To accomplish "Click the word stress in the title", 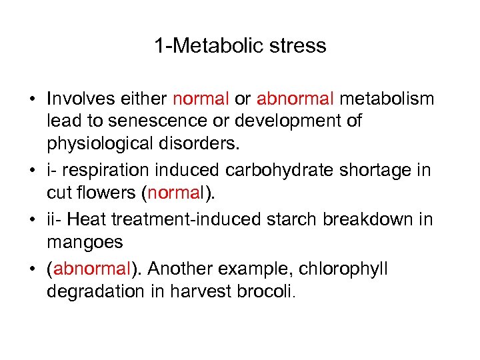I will (x=298, y=46).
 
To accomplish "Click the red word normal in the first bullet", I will (x=201, y=99).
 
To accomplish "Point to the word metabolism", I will (x=387, y=99).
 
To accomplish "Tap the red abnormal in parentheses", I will (x=90, y=269).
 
